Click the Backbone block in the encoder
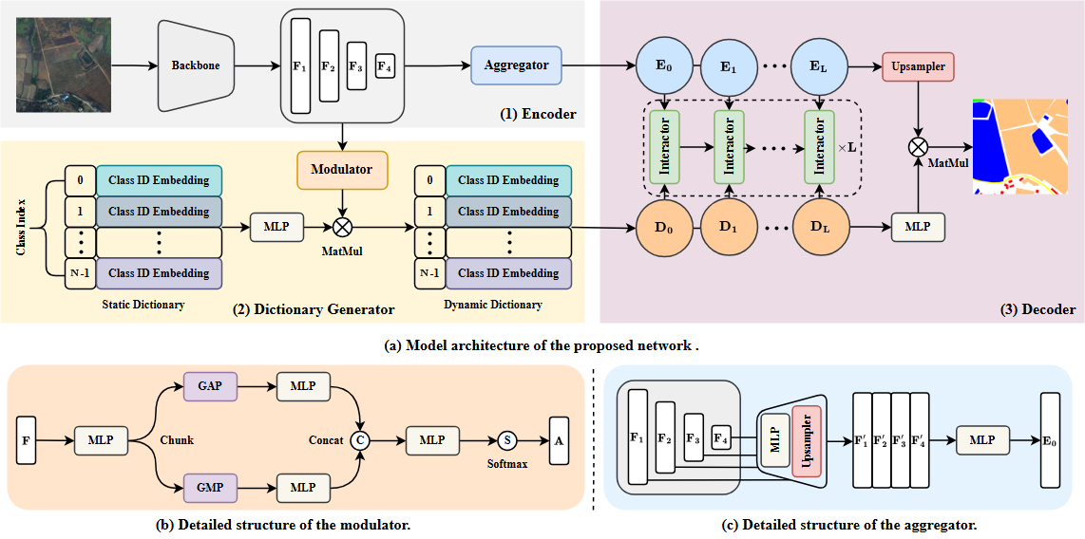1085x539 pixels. [x=196, y=66]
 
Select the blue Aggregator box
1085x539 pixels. [x=516, y=65]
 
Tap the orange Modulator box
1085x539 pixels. [x=342, y=169]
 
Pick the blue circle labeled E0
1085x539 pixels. [x=663, y=67]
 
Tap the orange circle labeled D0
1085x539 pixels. [x=663, y=229]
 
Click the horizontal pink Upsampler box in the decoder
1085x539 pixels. [x=918, y=67]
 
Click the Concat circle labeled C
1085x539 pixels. [x=359, y=440]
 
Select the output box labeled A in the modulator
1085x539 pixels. [x=557, y=440]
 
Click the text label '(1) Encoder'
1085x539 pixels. [x=538, y=114]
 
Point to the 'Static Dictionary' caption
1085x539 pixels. [x=143, y=305]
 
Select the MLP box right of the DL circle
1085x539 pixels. [x=918, y=228]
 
